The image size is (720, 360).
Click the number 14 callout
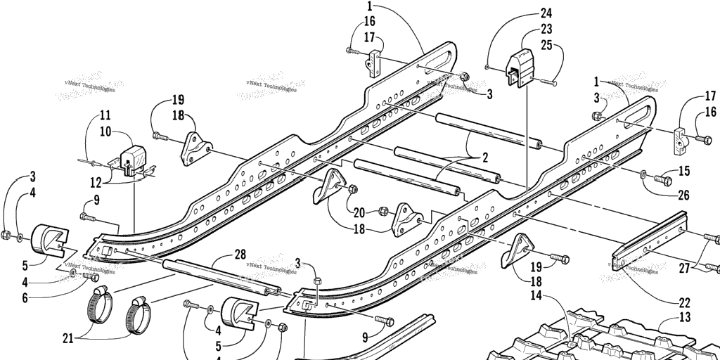point(536,295)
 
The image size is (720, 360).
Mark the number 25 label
point(546,46)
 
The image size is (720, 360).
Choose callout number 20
point(360,212)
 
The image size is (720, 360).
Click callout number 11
point(104,115)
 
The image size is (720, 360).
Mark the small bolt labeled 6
point(91,276)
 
